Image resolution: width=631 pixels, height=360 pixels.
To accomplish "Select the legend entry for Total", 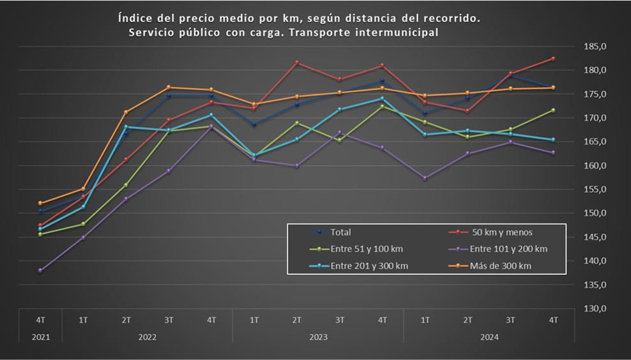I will click(x=340, y=232).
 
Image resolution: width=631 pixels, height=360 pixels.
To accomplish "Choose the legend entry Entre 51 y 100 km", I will click(x=366, y=249).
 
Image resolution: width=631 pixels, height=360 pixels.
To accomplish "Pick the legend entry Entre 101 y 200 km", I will click(x=508, y=249).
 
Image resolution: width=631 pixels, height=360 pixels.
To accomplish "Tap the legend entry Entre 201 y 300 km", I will click(x=369, y=266).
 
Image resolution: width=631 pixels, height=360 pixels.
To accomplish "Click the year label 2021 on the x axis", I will click(x=40, y=336).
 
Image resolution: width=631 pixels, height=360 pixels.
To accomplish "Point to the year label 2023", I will click(x=317, y=336).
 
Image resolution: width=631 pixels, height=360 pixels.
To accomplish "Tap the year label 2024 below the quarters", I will click(x=489, y=336).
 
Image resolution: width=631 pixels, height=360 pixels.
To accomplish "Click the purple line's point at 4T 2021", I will click(x=40, y=271).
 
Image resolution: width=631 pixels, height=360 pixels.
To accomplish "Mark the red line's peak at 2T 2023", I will click(x=297, y=63).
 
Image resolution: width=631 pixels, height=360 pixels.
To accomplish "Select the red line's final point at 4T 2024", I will click(x=553, y=59).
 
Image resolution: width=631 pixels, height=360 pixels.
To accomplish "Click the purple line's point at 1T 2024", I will click(x=425, y=178).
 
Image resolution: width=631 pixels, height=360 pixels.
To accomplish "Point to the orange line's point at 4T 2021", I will click(x=40, y=203).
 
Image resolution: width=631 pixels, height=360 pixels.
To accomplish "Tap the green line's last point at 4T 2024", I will click(x=553, y=110).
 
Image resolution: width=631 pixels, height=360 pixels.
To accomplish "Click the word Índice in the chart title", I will click(x=135, y=19).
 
